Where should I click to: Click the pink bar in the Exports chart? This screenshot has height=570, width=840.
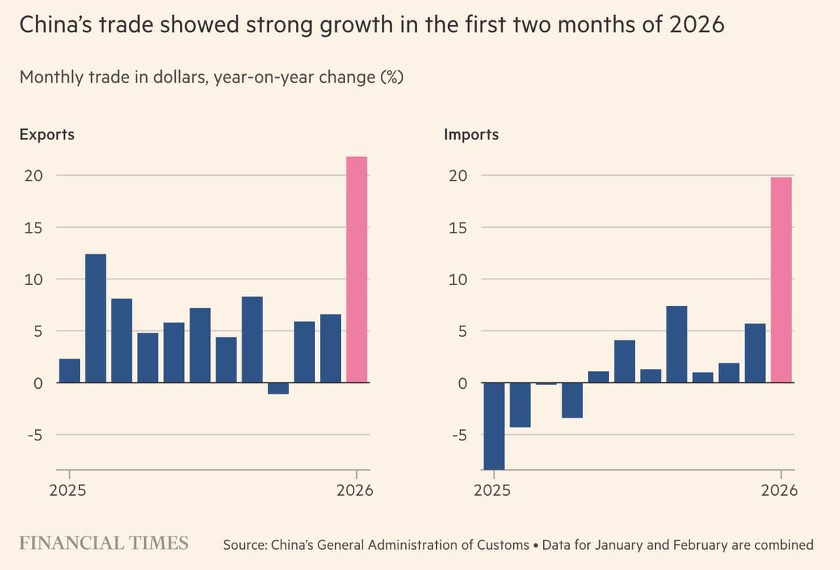pos(356,270)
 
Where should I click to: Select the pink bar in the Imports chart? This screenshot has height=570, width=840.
pos(780,280)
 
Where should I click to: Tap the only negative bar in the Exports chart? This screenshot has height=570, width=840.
pos(278,389)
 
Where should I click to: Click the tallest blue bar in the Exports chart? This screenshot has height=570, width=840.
pos(95,319)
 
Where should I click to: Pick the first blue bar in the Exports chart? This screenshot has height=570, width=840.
pos(69,371)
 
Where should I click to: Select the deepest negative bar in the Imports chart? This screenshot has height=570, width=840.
pos(493,426)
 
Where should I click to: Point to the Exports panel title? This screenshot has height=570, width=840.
pos(47,134)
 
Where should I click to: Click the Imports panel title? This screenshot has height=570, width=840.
pos(471,134)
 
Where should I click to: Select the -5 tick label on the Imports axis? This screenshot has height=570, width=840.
pos(458,435)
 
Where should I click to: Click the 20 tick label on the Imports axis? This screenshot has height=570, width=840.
pos(458,176)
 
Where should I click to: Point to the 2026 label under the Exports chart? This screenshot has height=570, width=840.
pos(355,490)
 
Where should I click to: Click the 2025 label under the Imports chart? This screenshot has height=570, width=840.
pos(492,490)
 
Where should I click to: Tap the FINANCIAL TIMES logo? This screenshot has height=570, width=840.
pos(104,543)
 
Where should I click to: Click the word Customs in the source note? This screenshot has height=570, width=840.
pos(503,545)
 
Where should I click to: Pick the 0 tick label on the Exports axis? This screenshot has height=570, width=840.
pos(38,383)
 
